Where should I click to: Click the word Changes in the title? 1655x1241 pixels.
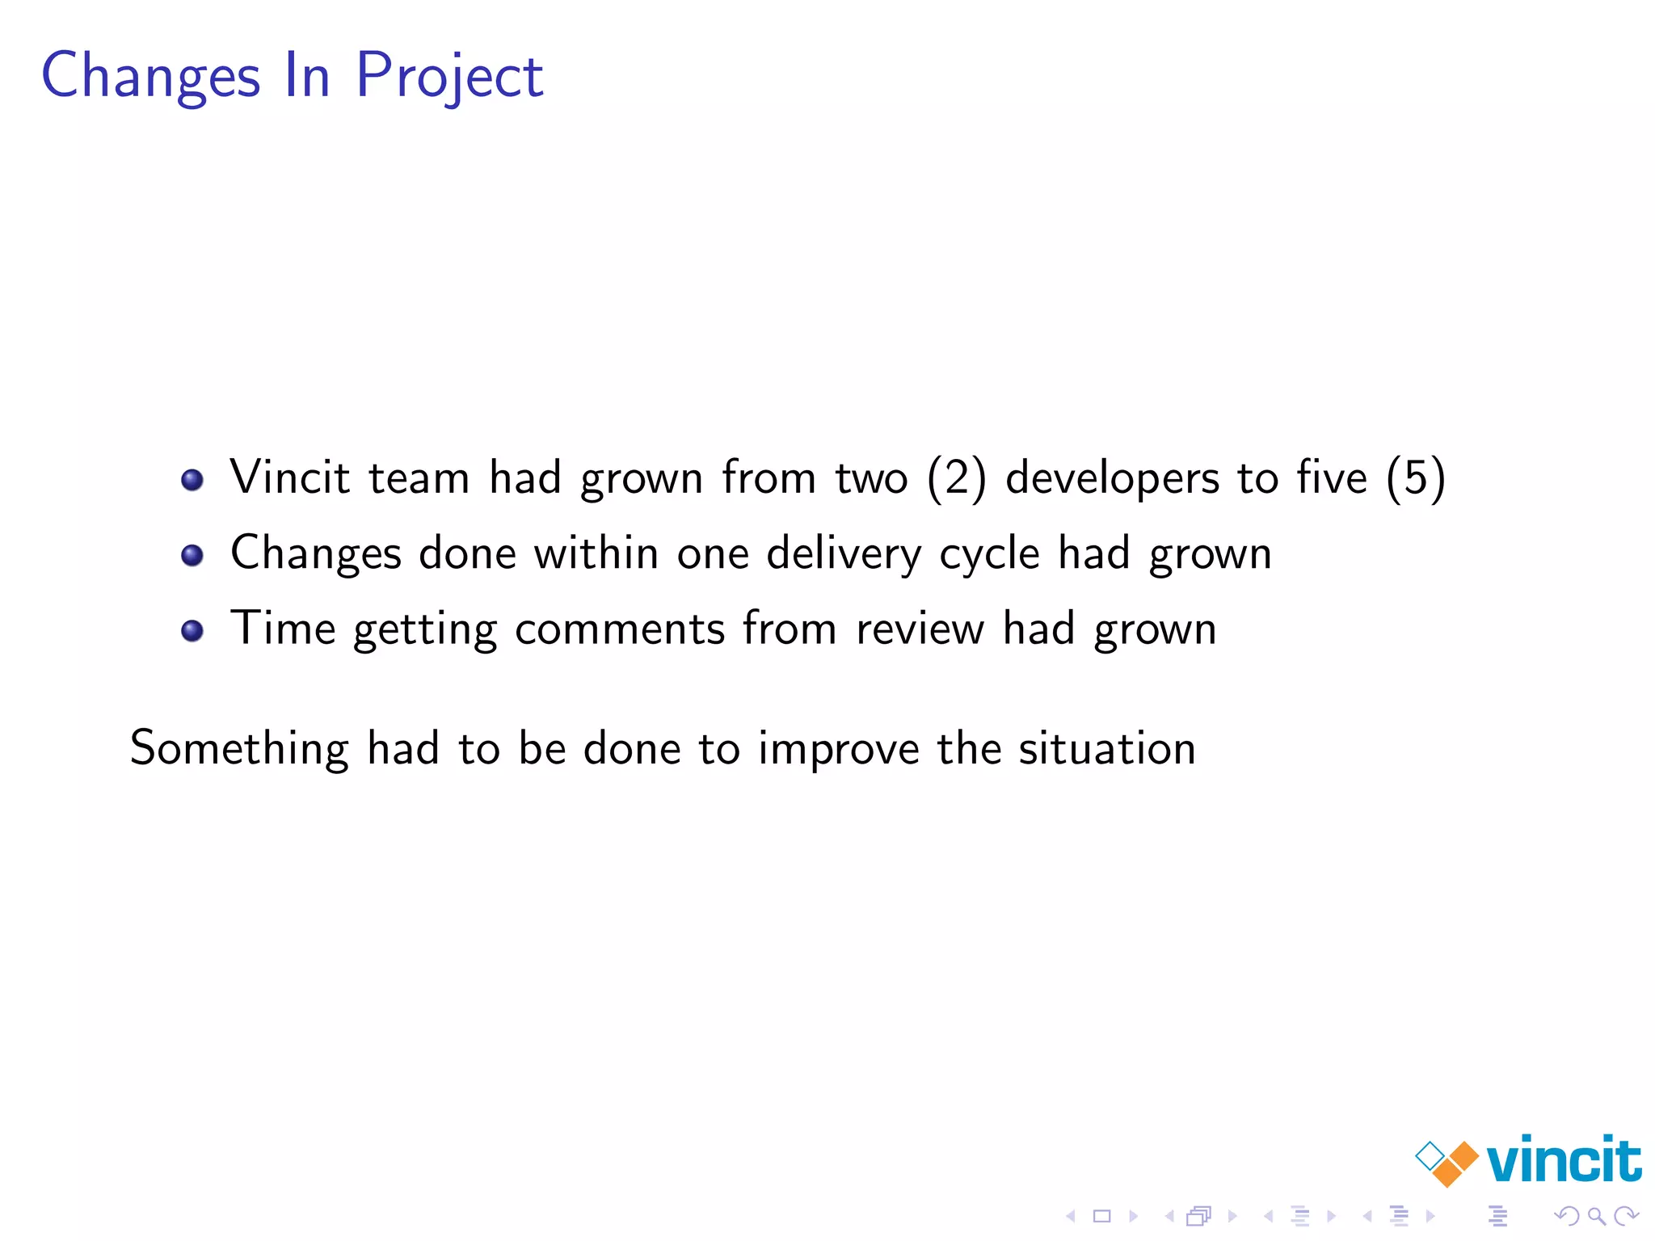click(151, 77)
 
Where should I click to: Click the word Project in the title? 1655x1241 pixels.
click(449, 77)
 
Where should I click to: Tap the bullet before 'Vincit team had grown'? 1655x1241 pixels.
click(192, 480)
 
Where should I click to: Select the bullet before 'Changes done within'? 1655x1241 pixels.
click(192, 556)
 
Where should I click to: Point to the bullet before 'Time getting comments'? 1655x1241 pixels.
click(192, 631)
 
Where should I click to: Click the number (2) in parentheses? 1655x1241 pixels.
click(957, 477)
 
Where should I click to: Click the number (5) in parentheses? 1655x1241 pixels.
click(1415, 477)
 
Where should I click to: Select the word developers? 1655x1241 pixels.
click(1112, 477)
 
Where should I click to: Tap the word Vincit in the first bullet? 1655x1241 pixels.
click(290, 477)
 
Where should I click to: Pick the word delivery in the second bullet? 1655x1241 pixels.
click(844, 554)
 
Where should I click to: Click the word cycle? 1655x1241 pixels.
click(989, 554)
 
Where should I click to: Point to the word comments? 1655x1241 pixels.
click(620, 629)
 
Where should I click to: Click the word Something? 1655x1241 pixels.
click(239, 748)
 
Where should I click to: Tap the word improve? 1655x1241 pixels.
click(839, 748)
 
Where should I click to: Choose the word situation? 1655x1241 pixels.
click(1107, 748)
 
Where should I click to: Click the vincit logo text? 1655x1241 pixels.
click(1564, 1160)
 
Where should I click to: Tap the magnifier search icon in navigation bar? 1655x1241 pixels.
click(1596, 1215)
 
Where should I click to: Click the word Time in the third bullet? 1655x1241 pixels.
click(283, 629)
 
